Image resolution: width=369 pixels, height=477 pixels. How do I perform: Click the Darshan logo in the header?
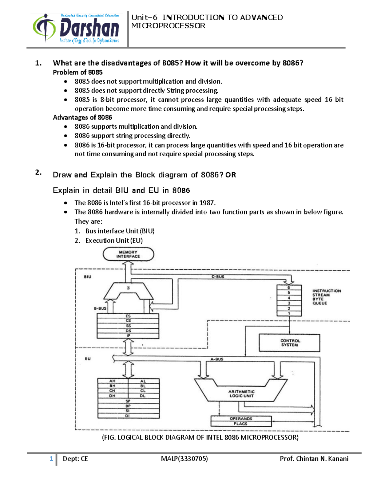tap(76, 28)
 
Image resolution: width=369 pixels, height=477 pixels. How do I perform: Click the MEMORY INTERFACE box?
tap(128, 254)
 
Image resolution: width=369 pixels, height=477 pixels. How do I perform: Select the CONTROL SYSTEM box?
tap(289, 343)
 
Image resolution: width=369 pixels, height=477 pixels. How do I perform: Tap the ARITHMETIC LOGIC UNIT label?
tap(241, 394)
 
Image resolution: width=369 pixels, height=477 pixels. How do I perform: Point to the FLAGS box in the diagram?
tap(240, 424)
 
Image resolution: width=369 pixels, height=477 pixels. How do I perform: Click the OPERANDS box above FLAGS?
tap(241, 419)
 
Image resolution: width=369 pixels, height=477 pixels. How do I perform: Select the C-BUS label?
tap(218, 277)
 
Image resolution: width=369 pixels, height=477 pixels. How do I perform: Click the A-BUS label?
tap(217, 359)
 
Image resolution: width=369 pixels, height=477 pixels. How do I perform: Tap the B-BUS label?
tap(100, 308)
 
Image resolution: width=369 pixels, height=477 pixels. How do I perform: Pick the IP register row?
tap(128, 336)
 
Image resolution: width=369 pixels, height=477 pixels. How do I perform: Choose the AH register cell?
tap(112, 381)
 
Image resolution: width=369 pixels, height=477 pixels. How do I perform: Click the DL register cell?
tap(143, 396)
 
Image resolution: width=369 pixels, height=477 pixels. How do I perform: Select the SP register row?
tap(128, 401)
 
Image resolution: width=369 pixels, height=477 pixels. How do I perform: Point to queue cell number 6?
tap(289, 288)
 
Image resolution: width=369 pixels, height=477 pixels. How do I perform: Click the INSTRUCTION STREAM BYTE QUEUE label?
tap(326, 297)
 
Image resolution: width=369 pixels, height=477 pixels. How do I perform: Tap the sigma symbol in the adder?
tap(128, 288)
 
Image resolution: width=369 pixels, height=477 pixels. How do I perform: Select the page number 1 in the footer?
tap(51, 459)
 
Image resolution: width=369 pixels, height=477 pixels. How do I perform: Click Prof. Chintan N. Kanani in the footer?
tap(314, 459)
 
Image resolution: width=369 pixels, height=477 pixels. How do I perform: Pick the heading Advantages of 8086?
tap(82, 117)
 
